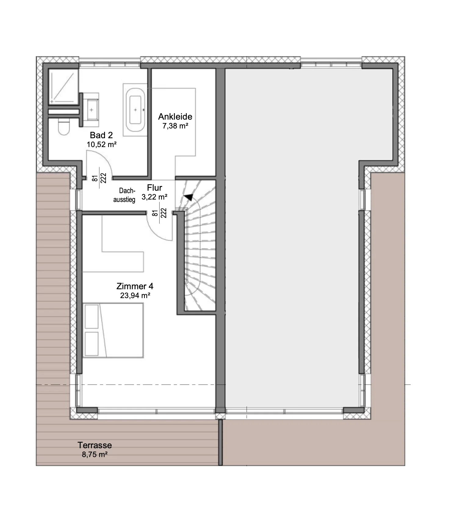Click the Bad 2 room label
(x=101, y=135)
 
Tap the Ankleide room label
(x=175, y=117)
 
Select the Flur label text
(x=154, y=188)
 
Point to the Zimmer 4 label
(x=135, y=286)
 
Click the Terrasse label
(x=95, y=445)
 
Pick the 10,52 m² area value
(x=102, y=144)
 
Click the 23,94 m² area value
(x=135, y=295)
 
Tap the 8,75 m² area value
(x=95, y=455)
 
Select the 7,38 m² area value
(x=175, y=126)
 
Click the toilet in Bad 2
(x=64, y=127)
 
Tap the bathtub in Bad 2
(x=135, y=110)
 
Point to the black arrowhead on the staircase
(x=189, y=197)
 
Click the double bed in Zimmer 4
(x=113, y=330)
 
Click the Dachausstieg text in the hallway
(x=124, y=195)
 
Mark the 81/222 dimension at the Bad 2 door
(x=99, y=178)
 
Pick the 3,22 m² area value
(x=154, y=197)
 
